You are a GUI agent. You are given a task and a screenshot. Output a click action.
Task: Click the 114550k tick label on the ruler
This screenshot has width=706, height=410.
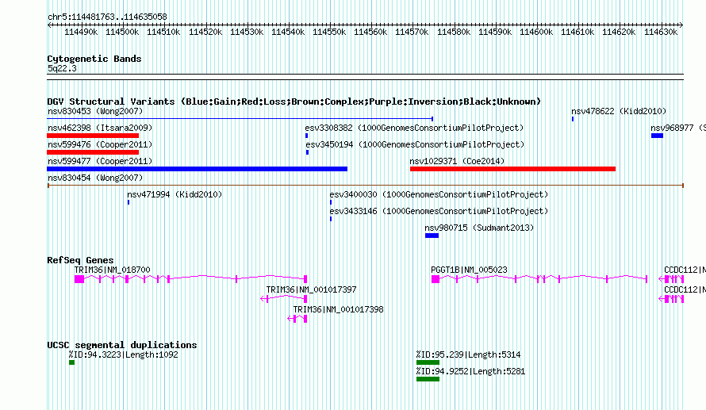329,32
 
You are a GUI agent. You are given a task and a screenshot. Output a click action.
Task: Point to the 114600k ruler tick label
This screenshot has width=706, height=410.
536,32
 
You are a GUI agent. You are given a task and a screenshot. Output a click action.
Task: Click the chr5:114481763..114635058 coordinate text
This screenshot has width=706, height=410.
107,17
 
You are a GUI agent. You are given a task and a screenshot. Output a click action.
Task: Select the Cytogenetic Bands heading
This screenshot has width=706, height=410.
94,59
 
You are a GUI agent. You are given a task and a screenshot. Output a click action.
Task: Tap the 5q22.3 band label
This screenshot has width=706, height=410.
62,68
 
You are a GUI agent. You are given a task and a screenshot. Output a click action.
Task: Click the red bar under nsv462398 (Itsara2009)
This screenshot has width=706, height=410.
93,136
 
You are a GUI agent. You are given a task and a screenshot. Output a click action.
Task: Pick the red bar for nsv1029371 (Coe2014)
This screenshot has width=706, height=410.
512,169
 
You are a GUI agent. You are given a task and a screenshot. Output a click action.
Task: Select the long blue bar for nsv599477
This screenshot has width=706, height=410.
198,169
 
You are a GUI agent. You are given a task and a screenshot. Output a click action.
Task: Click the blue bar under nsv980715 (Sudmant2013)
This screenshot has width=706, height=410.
432,236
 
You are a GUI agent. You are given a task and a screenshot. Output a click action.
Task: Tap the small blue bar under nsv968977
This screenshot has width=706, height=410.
657,136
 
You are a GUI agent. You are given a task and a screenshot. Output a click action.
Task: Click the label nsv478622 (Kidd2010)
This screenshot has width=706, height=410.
619,111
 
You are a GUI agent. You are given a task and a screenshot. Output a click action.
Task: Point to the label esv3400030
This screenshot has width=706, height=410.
354,194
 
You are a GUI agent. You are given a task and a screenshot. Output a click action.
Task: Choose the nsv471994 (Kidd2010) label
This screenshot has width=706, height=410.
175,194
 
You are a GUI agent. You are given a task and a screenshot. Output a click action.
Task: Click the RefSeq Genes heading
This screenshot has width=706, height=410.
81,260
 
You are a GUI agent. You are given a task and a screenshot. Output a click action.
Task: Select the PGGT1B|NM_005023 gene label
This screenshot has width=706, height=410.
469,270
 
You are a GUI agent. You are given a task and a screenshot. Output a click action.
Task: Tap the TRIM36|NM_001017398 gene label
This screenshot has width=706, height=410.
338,309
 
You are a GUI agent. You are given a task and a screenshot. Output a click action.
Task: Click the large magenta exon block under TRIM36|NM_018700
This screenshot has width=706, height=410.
79,279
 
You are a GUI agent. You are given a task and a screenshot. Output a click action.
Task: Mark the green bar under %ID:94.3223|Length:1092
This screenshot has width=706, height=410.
71,362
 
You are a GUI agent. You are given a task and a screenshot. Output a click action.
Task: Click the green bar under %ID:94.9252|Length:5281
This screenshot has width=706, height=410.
428,379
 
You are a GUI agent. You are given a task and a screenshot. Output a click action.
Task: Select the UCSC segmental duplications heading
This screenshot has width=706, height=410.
122,345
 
